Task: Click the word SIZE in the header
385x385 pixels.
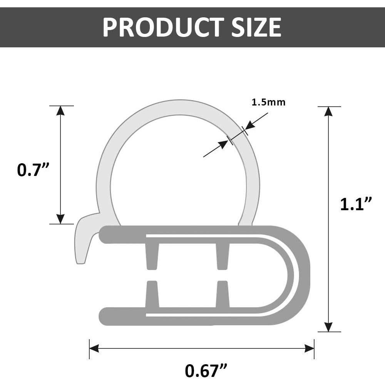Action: click(x=256, y=27)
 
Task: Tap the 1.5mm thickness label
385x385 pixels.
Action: click(x=269, y=102)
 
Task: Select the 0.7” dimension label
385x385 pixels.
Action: click(x=33, y=169)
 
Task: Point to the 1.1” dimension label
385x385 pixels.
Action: click(x=356, y=204)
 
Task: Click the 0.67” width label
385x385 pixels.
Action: click(x=206, y=370)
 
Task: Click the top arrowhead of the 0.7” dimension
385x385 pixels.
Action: click(x=60, y=111)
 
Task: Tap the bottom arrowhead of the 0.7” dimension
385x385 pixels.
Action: click(x=60, y=219)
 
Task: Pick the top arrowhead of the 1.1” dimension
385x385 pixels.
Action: click(x=328, y=112)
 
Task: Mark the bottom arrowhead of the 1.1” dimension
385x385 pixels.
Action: click(x=328, y=327)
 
